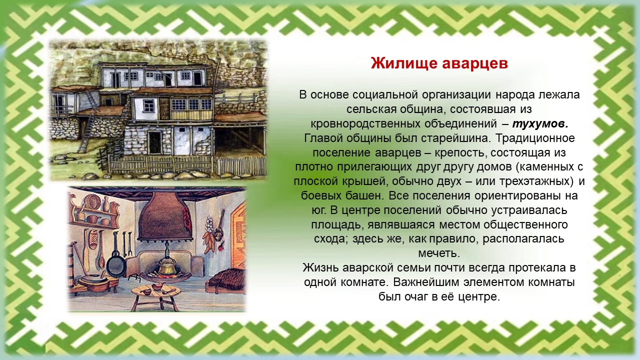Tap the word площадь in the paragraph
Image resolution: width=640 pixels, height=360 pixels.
[x=337, y=225]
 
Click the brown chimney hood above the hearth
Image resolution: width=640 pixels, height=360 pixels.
[x=162, y=216]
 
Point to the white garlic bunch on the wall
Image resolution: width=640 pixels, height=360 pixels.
[x=209, y=223]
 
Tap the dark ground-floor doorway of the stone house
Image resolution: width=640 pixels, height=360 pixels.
[x=154, y=143]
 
